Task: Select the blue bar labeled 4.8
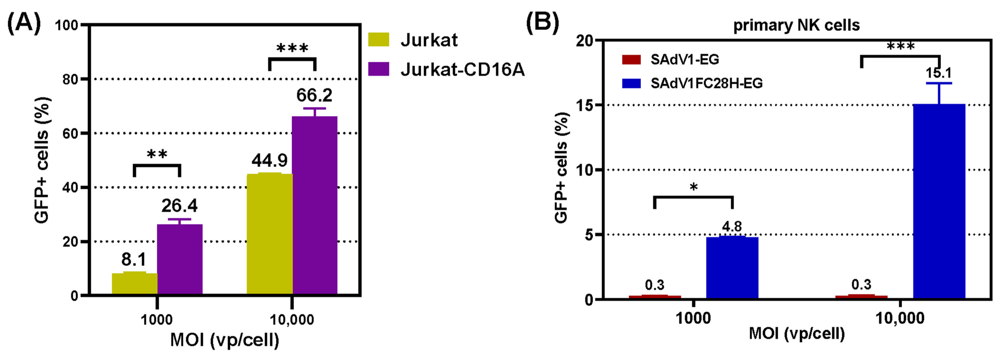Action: (732, 267)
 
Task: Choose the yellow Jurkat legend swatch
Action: (379, 40)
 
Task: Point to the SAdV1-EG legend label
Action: (685, 59)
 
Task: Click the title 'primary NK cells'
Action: (796, 25)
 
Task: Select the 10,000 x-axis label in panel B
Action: (900, 318)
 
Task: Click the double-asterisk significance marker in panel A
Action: (157, 154)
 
